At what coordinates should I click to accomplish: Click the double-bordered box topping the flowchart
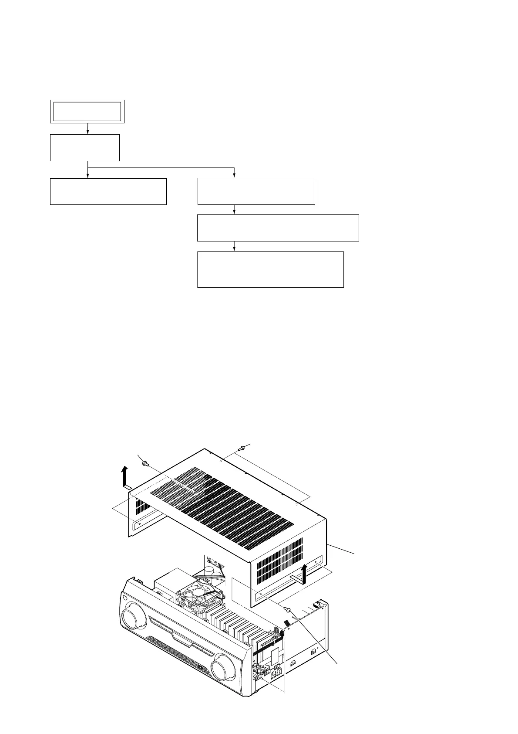pos(87,111)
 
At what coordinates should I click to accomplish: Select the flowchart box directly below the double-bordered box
pos(84,148)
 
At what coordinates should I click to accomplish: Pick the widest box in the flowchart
pos(278,228)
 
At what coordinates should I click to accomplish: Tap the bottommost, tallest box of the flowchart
pos(270,269)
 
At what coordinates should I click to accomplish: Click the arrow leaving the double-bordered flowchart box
pos(88,129)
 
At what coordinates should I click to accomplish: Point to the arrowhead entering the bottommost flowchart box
pos(235,248)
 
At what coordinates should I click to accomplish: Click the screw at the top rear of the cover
pos(242,447)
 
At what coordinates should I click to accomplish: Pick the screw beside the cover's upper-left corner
pos(146,465)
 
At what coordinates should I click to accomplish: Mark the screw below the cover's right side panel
pos(288,608)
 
